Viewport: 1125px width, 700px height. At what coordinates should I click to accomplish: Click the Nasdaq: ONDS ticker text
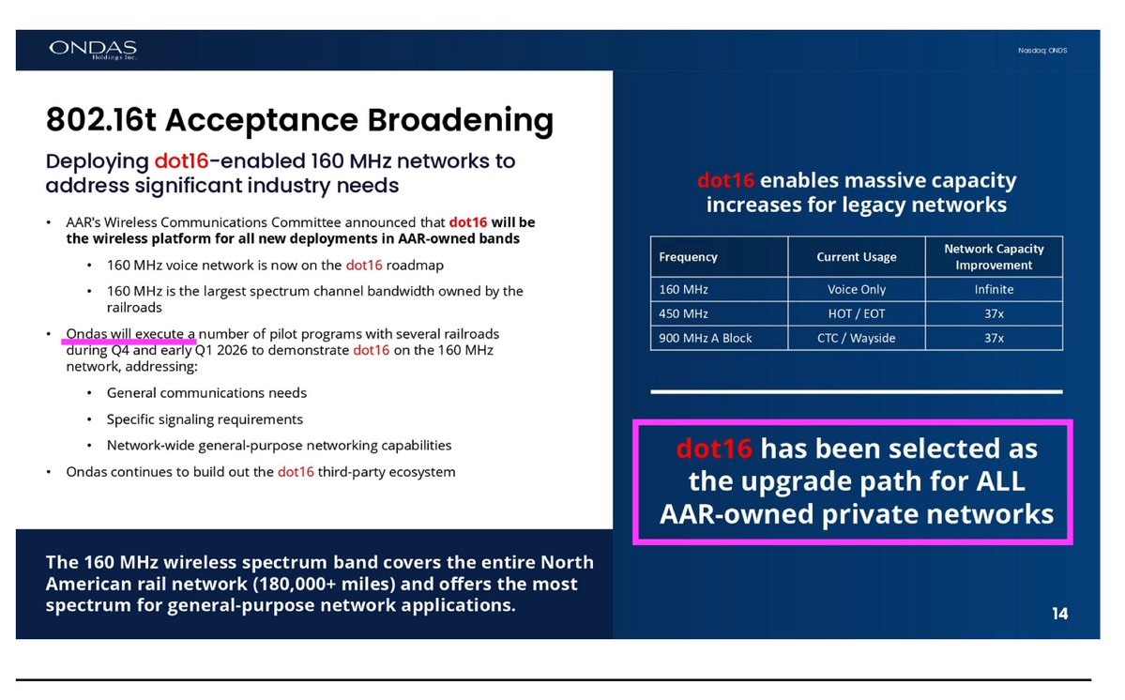pos(1042,50)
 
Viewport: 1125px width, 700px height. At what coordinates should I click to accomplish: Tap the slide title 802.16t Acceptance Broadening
pos(299,121)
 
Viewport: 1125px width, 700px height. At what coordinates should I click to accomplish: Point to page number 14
pos(1059,614)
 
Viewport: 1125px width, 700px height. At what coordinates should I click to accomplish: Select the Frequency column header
pos(688,257)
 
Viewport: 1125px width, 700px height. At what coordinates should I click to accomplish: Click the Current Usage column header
pos(856,257)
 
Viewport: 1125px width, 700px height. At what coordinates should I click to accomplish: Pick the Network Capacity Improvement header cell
pos(994,257)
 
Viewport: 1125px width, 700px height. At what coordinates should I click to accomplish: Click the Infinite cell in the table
pos(994,290)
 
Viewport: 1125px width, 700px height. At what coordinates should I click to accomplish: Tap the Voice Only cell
pos(856,290)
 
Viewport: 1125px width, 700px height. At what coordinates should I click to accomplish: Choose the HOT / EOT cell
pos(856,313)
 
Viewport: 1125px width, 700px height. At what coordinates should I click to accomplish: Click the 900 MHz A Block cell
pos(706,338)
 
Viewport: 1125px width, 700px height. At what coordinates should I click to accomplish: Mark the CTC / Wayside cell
pos(856,338)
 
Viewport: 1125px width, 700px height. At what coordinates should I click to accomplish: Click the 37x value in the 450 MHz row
pos(994,313)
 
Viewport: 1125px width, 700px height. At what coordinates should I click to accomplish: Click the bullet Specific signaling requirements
pos(205,419)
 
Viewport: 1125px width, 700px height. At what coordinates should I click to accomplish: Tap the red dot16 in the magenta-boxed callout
pos(714,449)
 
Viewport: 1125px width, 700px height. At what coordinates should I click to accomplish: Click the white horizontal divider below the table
pos(856,391)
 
